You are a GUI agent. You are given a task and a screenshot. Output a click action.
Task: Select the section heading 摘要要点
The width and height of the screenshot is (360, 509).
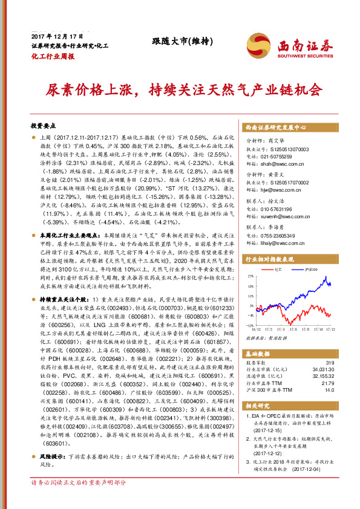[43, 126]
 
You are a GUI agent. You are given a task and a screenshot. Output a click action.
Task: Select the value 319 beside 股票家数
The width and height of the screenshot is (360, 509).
[330, 362]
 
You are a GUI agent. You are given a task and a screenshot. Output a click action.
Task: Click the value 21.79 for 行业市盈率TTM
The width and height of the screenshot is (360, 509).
[328, 383]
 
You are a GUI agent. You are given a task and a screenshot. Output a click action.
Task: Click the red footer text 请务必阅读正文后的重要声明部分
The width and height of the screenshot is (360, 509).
[78, 499]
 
